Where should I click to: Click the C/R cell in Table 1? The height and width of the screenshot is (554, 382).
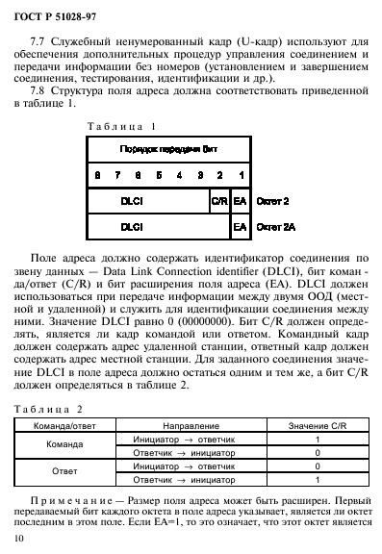coord(218,202)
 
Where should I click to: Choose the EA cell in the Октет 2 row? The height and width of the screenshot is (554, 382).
coord(240,202)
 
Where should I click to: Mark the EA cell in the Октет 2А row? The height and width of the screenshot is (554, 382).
coord(240,227)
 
